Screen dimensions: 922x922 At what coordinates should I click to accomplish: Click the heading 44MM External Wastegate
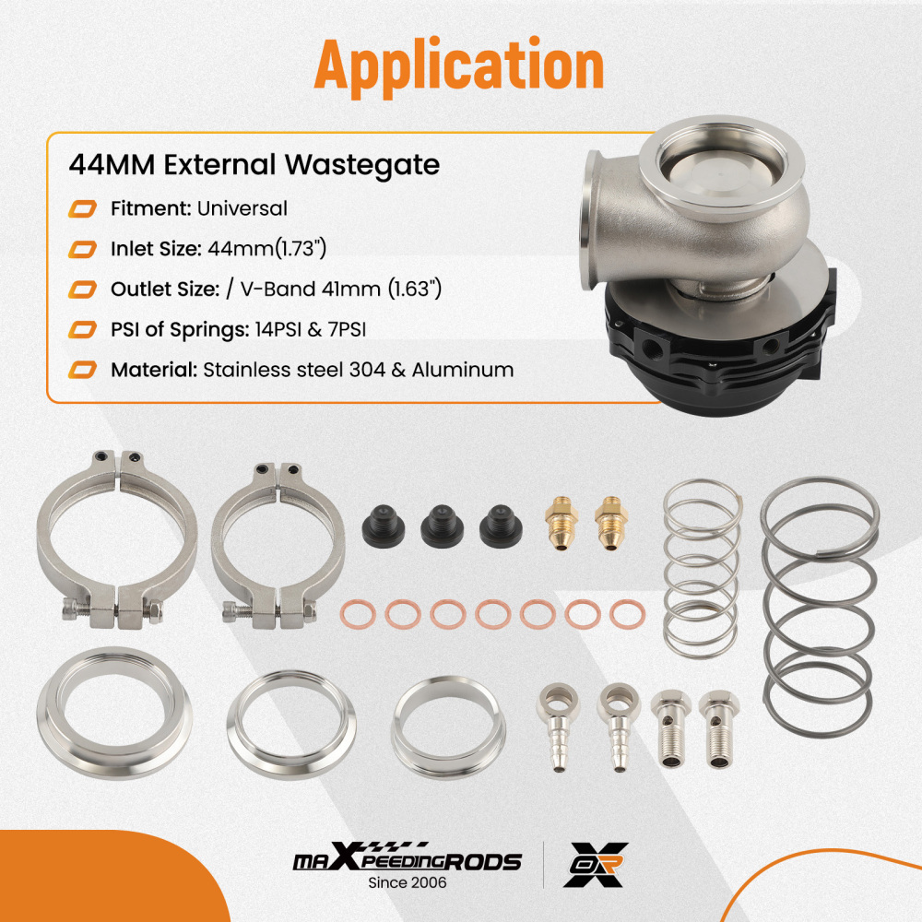(x=254, y=165)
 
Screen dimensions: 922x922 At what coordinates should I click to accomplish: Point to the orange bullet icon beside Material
(x=83, y=371)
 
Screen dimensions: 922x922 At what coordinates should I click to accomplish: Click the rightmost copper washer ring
(x=626, y=613)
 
